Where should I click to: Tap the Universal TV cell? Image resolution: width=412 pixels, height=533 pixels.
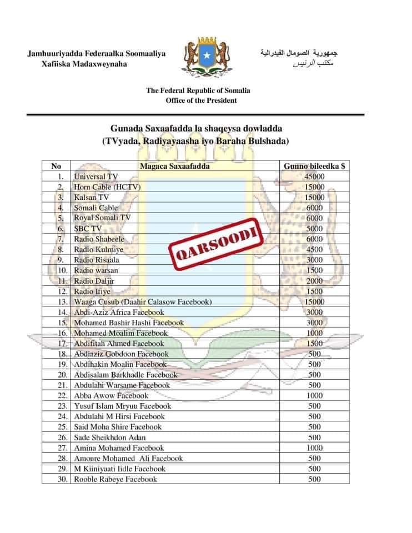(x=96, y=177)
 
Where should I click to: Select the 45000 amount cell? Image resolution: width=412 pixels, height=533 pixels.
(x=314, y=177)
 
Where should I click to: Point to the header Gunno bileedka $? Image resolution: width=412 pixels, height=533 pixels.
(x=314, y=166)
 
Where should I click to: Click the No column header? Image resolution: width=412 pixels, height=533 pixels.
(x=56, y=166)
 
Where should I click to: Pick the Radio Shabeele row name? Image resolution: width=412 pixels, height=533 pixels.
(x=99, y=239)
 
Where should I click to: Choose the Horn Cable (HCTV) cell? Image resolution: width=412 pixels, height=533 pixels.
(x=107, y=187)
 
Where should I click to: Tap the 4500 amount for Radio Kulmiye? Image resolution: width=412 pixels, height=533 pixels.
(x=314, y=249)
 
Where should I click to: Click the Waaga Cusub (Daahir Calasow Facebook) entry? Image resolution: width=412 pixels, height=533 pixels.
(x=143, y=302)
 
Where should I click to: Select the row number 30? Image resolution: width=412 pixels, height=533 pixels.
(x=63, y=479)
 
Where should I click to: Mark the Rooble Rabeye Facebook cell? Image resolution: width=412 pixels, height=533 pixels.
(x=115, y=479)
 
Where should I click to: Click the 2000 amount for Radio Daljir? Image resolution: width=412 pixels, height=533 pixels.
(x=314, y=281)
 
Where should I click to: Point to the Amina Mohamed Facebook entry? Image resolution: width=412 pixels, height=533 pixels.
(x=119, y=448)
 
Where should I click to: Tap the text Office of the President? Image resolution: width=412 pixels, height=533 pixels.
(x=201, y=100)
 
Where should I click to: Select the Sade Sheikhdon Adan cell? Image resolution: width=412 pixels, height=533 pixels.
(x=110, y=438)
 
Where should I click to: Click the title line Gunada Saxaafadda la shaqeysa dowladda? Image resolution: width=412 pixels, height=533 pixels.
(x=196, y=129)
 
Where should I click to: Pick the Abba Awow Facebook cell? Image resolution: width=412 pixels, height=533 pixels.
(x=111, y=396)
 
